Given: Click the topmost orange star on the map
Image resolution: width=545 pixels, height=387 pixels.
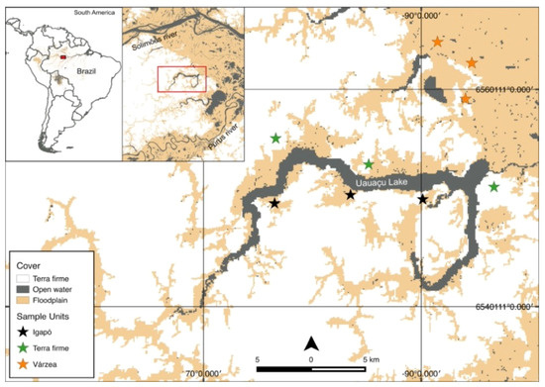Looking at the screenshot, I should tap(437, 43).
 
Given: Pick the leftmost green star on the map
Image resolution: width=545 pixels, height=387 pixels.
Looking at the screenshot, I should tap(274, 139).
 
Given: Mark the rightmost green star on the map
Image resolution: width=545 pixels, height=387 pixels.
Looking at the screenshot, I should tap(494, 187).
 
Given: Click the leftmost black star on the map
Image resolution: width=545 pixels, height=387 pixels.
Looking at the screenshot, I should tap(274, 203).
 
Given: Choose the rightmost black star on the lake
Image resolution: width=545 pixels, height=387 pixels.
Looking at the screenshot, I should tap(423, 199).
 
